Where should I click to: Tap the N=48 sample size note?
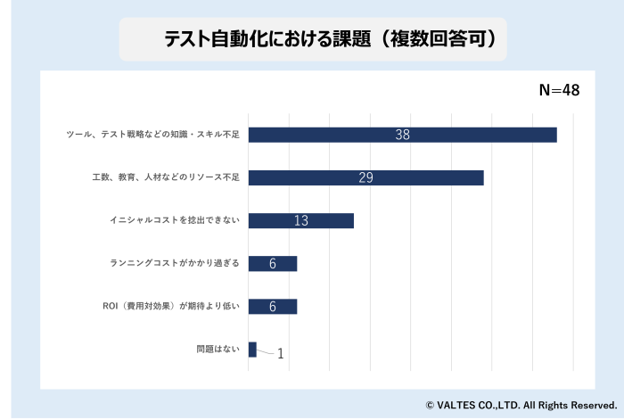[560, 90]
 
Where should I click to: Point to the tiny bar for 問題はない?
[252, 349]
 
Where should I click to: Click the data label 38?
[402, 135]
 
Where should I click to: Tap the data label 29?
[365, 177]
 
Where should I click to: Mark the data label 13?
[300, 220]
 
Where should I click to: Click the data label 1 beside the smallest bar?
[280, 354]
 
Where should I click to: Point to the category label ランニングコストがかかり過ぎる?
[175, 263]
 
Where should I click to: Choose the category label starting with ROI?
[172, 306]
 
